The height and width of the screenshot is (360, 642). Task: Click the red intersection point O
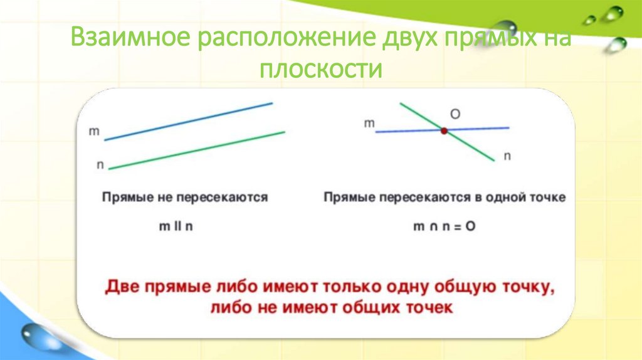[x=444, y=131]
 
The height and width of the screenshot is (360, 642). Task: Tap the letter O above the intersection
[x=456, y=114]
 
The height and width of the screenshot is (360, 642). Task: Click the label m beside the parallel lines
[x=95, y=132]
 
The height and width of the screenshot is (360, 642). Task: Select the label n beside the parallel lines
[x=100, y=164]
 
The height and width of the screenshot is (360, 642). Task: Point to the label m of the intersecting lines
[x=369, y=124]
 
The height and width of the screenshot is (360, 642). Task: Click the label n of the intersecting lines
[x=507, y=156]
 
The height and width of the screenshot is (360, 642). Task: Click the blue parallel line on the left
[x=188, y=121]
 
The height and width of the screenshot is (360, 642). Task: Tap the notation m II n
[x=176, y=227]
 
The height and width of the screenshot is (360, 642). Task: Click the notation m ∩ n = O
[x=444, y=227]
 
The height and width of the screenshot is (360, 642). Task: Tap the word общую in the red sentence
[x=467, y=287]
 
